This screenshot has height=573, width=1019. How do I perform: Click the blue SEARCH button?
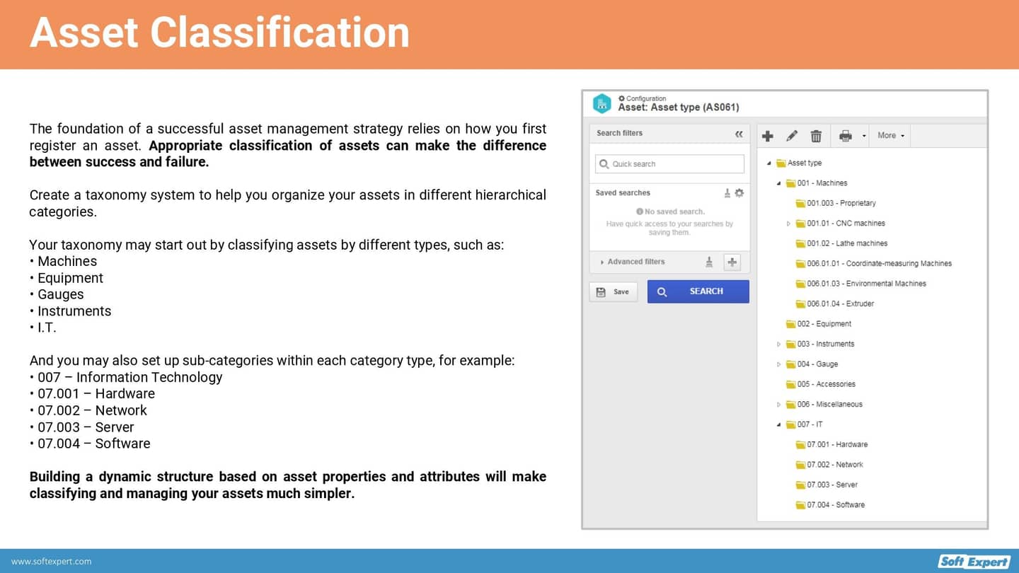pos(698,291)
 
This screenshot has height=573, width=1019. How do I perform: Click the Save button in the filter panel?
pos(613,291)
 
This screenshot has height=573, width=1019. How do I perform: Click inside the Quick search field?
pos(669,164)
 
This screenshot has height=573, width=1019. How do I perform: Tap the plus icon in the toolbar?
pos(768,136)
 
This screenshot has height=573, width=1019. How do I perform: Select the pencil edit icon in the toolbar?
pos(792,136)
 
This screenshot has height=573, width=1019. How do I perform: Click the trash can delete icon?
pos(816,136)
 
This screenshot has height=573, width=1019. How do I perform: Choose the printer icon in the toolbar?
pos(845,136)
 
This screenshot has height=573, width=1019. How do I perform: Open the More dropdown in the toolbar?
pos(890,136)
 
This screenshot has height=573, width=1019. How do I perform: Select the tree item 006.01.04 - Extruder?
pos(840,303)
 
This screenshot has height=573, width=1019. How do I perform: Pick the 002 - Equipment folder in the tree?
pos(824,324)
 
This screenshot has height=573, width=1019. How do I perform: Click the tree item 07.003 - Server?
pos(831,485)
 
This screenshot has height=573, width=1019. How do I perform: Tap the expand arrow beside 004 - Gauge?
pos(779,364)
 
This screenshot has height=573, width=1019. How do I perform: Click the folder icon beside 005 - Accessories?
pos(790,384)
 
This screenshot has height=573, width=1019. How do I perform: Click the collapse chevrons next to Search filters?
pos(739,134)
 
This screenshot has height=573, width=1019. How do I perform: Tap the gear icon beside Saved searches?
pos(739,193)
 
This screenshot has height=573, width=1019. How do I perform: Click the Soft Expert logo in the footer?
pos(974,561)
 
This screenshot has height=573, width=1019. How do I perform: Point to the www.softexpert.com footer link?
pos(51,562)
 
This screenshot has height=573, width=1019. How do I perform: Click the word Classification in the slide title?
pos(280,33)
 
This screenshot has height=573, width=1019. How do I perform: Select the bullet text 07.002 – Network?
pos(92,410)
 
